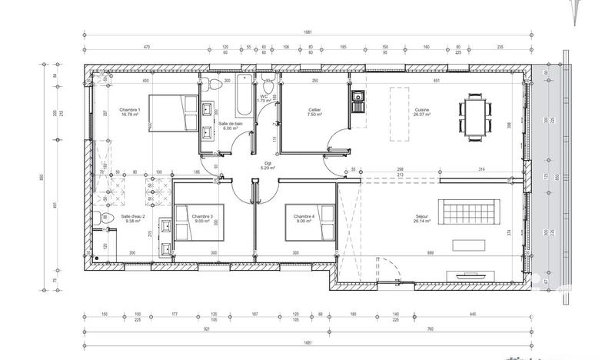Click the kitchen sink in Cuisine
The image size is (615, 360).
[357, 97]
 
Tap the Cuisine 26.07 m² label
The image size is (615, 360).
[421, 113]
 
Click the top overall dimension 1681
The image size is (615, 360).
[307, 33]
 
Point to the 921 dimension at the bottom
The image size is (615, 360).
[207, 329]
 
